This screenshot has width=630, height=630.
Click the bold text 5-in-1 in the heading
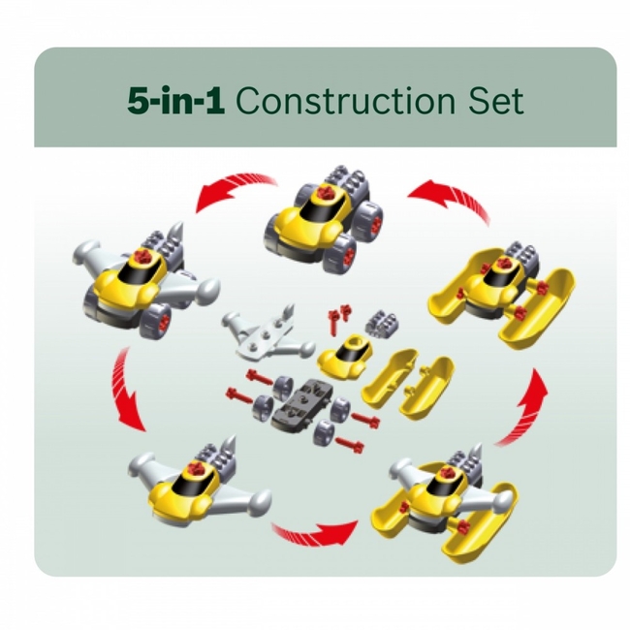(x=175, y=101)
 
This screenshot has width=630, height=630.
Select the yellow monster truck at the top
(x=324, y=216)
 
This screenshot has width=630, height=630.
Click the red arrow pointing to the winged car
(x=233, y=189)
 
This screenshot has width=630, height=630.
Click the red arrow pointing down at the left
(x=125, y=392)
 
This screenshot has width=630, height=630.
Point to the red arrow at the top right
(x=450, y=199)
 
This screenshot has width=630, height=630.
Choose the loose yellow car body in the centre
(x=345, y=356)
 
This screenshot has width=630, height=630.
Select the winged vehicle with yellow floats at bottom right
(x=446, y=502)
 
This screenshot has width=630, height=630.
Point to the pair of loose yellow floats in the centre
(x=408, y=384)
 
